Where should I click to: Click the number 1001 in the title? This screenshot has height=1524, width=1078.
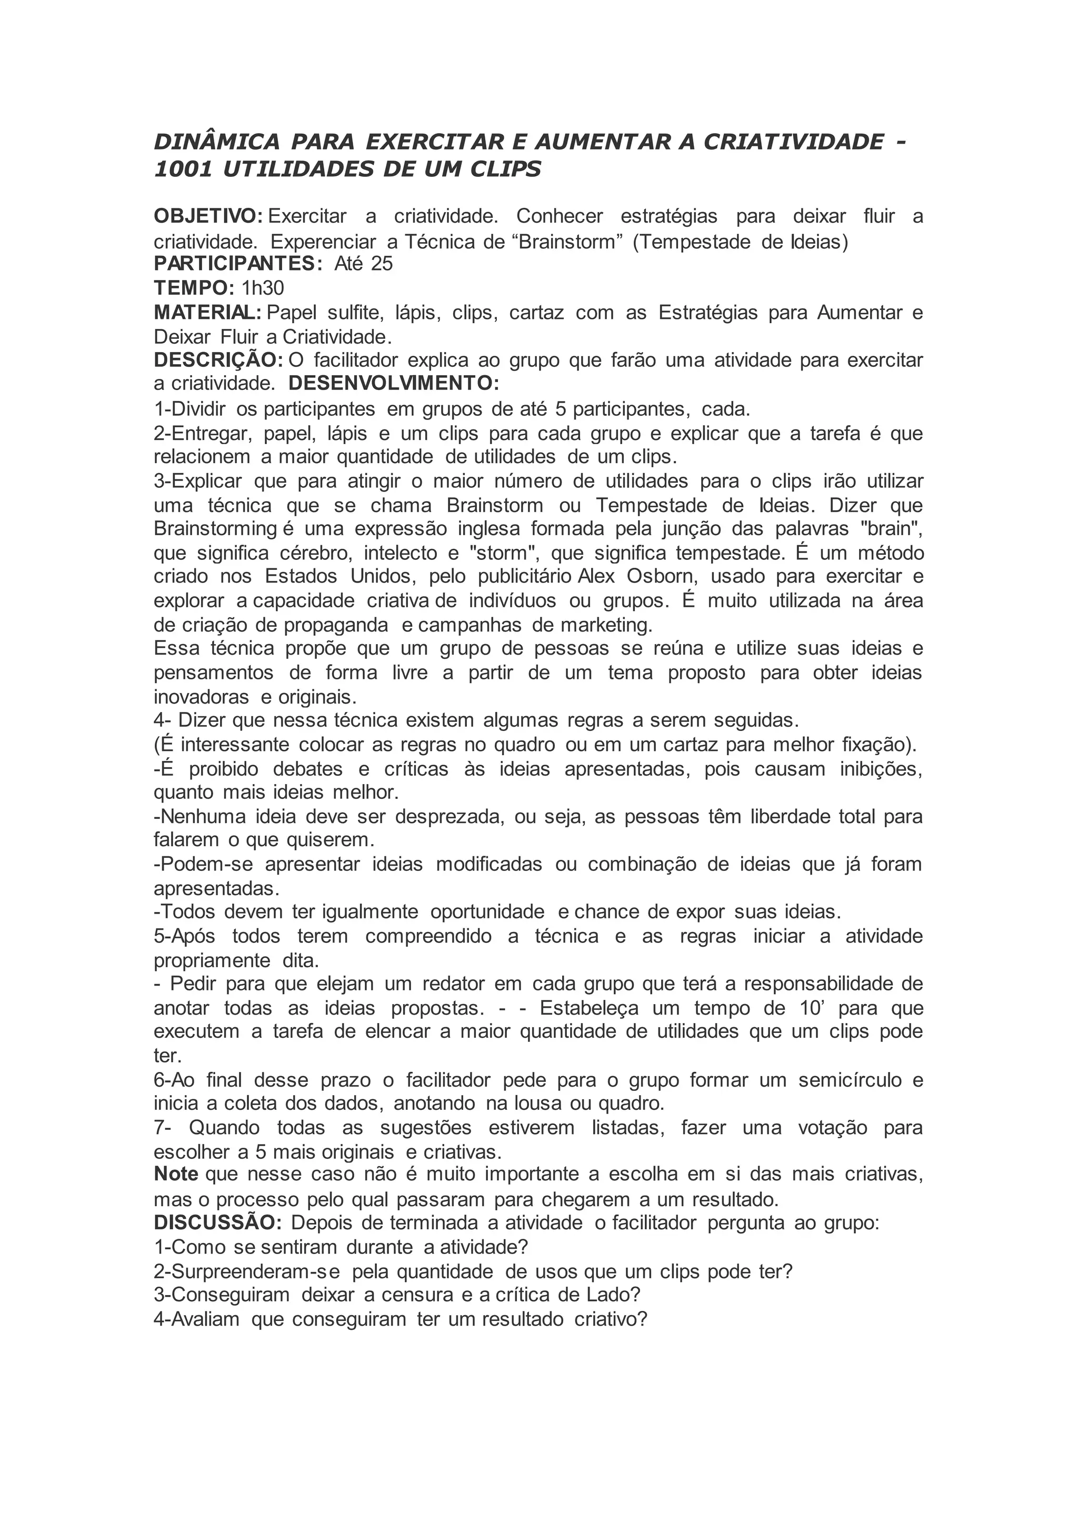click(183, 170)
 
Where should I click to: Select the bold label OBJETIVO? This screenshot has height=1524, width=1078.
click(208, 216)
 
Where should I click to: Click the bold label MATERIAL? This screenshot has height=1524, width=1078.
click(208, 312)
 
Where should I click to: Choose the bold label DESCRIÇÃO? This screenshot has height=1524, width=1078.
click(218, 360)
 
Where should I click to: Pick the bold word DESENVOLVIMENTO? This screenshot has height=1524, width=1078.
click(394, 384)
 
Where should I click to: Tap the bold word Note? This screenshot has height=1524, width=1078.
click(176, 1174)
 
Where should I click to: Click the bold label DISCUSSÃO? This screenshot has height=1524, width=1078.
click(218, 1222)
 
